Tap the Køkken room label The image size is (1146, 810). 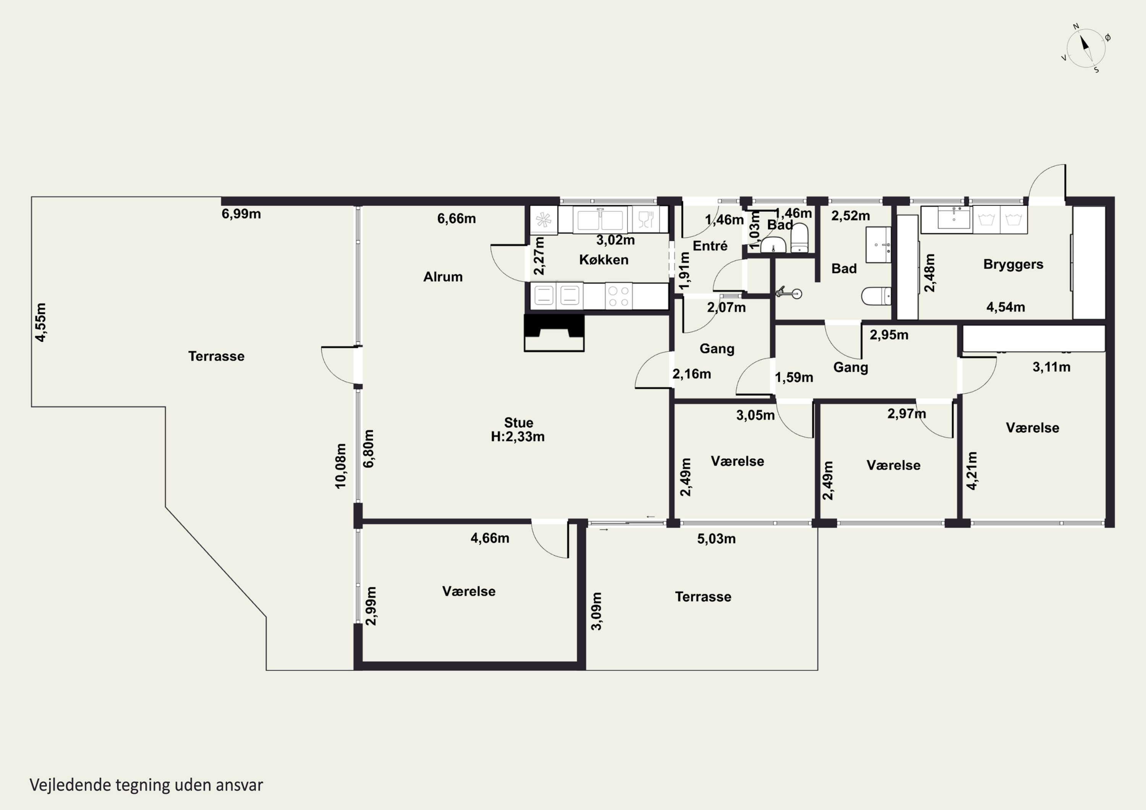coord(604,260)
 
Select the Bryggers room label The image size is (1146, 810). coord(1013,265)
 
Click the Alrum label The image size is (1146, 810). coord(443,277)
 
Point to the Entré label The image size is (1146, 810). coord(710,246)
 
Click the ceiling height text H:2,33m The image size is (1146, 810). coord(518,437)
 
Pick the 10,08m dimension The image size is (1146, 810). coord(340,466)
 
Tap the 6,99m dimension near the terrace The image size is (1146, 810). coord(241,214)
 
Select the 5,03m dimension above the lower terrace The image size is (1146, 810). coord(716,538)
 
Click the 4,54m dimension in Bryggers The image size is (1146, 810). coord(1006,307)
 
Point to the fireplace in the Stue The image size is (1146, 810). coord(554,333)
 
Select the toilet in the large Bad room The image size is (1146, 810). coord(876,296)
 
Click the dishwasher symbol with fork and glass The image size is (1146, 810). coord(646,220)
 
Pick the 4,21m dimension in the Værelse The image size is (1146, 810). coord(972,470)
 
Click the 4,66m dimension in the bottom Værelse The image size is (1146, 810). coord(490,538)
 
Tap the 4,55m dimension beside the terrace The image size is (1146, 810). coord(40,322)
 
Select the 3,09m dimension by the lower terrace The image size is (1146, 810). coord(596,611)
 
